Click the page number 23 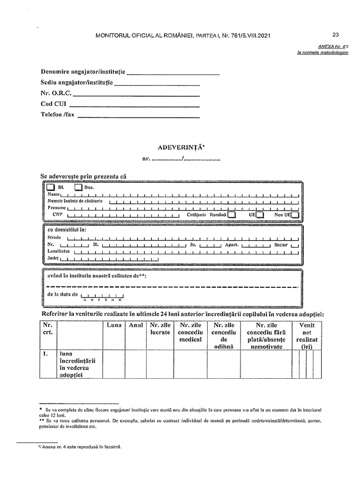(x=335, y=34)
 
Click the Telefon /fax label (x=58, y=114)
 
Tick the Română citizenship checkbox (x=231, y=215)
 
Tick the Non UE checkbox (x=294, y=215)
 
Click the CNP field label (x=58, y=214)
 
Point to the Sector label (x=281, y=245)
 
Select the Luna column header (x=113, y=325)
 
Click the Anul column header (x=135, y=325)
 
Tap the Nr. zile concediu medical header (x=190, y=332)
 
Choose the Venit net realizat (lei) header (x=307, y=335)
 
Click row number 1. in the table (x=46, y=354)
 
